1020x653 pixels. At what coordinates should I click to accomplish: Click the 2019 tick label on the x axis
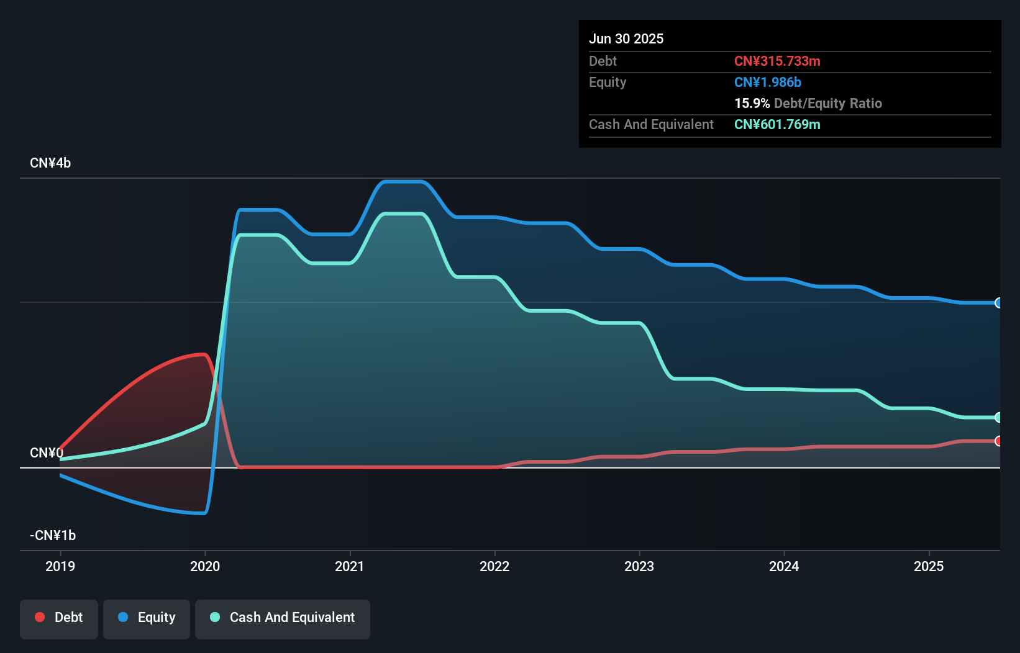click(x=60, y=566)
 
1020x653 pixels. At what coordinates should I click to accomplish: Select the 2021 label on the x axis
click(x=350, y=566)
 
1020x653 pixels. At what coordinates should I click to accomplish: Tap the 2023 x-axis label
click(x=639, y=566)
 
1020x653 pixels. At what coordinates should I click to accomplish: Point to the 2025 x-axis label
click(x=929, y=566)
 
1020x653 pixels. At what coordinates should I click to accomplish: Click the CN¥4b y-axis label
click(x=50, y=163)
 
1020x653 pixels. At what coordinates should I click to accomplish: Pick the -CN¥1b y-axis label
click(x=53, y=535)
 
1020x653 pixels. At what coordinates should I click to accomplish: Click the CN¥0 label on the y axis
click(x=46, y=453)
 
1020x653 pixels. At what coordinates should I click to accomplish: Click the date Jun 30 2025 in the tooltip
click(x=626, y=38)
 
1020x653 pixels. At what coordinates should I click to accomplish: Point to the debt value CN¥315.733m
click(x=777, y=61)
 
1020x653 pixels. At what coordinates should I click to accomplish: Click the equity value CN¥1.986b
click(x=768, y=82)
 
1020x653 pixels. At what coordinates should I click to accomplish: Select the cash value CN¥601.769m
click(x=777, y=124)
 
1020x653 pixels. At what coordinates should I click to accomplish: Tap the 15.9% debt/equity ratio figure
click(x=752, y=103)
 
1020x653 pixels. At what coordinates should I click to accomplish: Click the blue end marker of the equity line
click(x=998, y=303)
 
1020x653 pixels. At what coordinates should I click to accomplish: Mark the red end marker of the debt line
click(x=998, y=441)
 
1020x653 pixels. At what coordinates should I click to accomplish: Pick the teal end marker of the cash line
click(x=998, y=417)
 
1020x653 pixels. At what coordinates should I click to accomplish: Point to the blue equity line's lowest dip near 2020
click(x=202, y=513)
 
